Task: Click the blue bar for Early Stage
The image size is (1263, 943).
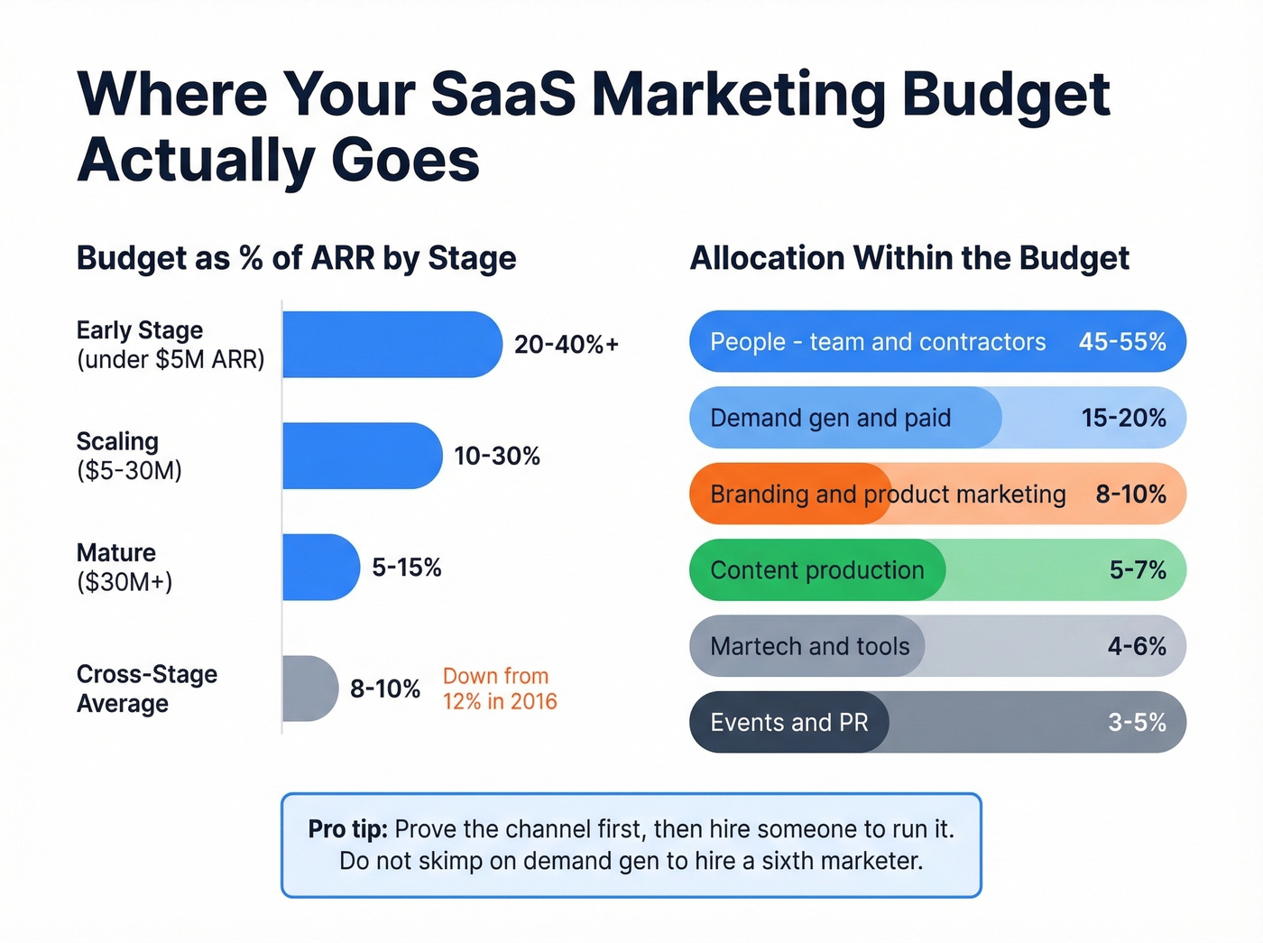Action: (x=392, y=344)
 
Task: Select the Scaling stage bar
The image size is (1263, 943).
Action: (x=362, y=456)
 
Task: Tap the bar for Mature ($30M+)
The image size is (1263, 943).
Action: (x=320, y=567)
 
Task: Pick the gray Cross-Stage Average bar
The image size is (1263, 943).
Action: (x=309, y=689)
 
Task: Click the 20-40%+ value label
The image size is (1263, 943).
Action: (x=567, y=344)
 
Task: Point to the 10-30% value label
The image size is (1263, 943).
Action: (x=497, y=456)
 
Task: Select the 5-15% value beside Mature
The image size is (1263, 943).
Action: (x=407, y=568)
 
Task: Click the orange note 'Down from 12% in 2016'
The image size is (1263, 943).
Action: (x=500, y=689)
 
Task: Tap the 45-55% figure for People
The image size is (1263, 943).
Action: (x=1122, y=342)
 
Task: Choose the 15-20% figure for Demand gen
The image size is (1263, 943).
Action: (x=1123, y=418)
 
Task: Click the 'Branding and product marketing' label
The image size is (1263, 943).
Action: (x=888, y=495)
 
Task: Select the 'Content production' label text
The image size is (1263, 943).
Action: (x=817, y=570)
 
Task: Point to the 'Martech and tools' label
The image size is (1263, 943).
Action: (x=810, y=646)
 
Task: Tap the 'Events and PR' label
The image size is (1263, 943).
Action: (x=789, y=723)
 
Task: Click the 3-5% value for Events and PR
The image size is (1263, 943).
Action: (x=1137, y=723)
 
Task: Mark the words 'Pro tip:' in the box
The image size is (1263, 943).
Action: (x=347, y=829)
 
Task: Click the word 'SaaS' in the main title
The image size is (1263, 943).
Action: (x=503, y=94)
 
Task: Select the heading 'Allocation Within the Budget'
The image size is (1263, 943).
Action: (x=909, y=258)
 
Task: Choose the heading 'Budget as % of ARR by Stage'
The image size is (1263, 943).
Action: (x=296, y=258)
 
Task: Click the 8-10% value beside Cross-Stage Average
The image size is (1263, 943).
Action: (x=385, y=689)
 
